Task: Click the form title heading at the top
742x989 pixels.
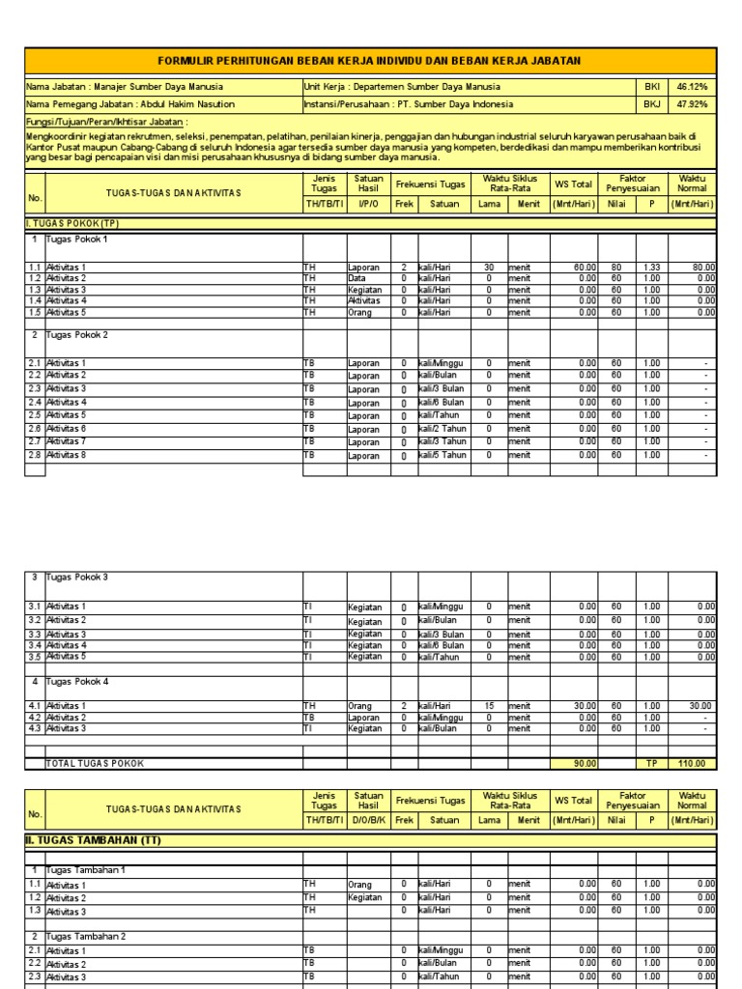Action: (x=370, y=61)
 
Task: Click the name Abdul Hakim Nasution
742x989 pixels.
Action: (x=186, y=104)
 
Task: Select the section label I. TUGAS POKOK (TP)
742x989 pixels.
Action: (x=71, y=223)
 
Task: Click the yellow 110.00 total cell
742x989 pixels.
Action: (x=692, y=763)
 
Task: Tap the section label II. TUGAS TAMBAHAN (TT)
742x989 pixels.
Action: (x=93, y=840)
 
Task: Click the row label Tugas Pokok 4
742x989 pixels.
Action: (x=77, y=681)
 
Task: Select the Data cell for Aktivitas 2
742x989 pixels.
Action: (x=358, y=278)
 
